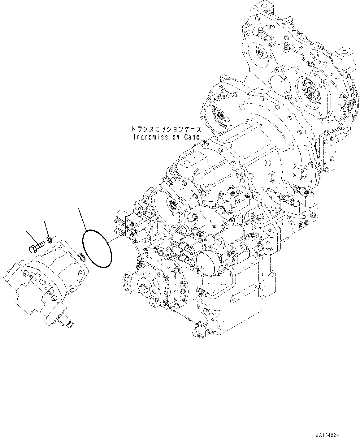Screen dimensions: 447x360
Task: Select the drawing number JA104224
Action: point(327,435)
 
